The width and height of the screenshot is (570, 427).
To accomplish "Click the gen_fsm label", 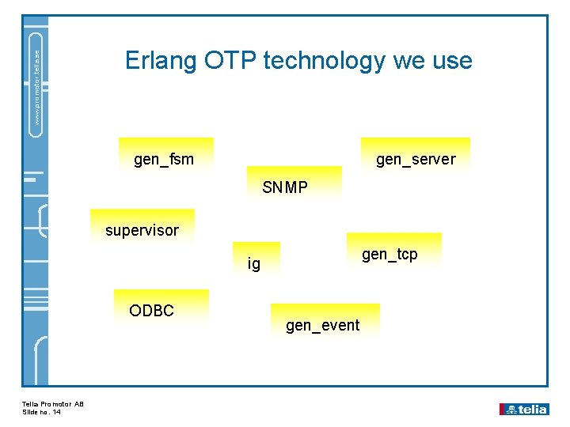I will tap(164, 159).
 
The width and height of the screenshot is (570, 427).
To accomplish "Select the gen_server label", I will tap(416, 159).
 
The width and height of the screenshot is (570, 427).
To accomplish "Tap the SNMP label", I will tap(285, 187).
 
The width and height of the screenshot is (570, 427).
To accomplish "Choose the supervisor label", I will tap(142, 231).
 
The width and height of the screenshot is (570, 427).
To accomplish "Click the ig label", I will tap(253, 263).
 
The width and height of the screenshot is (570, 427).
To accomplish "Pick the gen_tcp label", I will tap(389, 254).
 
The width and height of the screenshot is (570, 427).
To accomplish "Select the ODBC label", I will tap(151, 311).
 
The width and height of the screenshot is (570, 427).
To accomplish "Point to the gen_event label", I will tap(322, 325).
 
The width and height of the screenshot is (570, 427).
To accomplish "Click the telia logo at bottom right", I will tap(523, 409).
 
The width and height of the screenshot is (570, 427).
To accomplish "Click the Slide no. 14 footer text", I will tap(42, 412).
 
